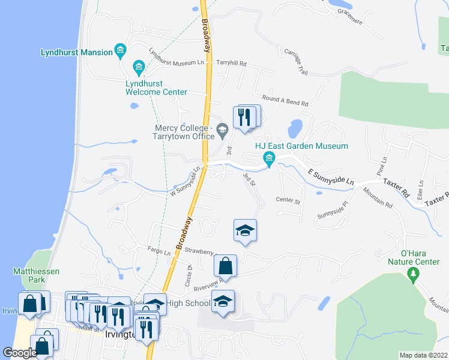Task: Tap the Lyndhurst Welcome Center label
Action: tap(156, 88)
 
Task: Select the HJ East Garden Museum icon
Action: tap(269, 159)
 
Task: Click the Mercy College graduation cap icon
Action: tap(223, 129)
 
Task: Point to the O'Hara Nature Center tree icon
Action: tap(412, 275)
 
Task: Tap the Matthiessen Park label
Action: tap(36, 275)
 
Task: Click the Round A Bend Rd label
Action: tap(285, 100)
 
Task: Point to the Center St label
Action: tap(288, 200)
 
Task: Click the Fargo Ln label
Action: tap(160, 251)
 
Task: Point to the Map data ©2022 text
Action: tap(424, 355)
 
